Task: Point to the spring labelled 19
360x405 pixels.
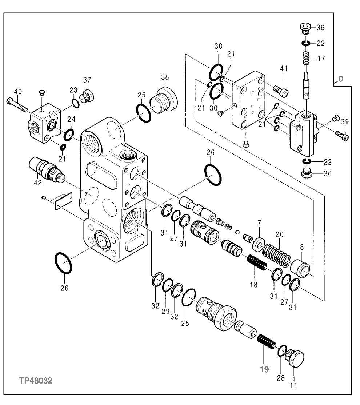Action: [267, 343]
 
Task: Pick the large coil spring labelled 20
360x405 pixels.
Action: [277, 253]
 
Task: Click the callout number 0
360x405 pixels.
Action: [340, 79]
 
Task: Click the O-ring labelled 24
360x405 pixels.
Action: [69, 135]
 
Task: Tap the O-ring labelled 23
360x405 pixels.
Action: [76, 103]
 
